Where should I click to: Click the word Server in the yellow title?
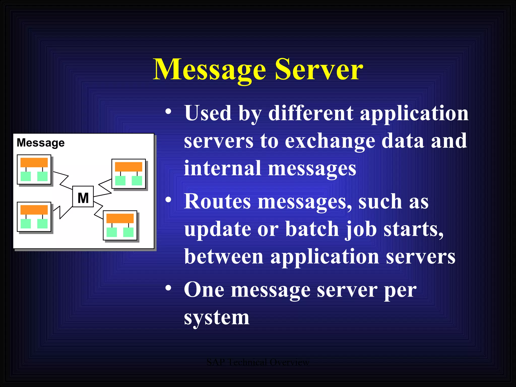click(319, 69)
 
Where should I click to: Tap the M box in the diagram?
click(83, 197)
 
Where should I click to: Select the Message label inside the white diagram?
click(41, 143)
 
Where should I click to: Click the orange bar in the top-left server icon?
click(34, 162)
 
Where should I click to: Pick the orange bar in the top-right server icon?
click(128, 167)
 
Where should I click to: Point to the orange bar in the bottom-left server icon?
click(34, 210)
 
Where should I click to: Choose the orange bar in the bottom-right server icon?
click(120, 218)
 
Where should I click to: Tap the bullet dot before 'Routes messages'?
click(168, 200)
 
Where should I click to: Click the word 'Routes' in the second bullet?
click(217, 202)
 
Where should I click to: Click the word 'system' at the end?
click(217, 318)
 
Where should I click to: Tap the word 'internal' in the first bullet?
click(222, 168)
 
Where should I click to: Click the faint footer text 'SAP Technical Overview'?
click(258, 362)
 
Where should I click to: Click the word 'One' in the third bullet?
click(204, 290)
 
